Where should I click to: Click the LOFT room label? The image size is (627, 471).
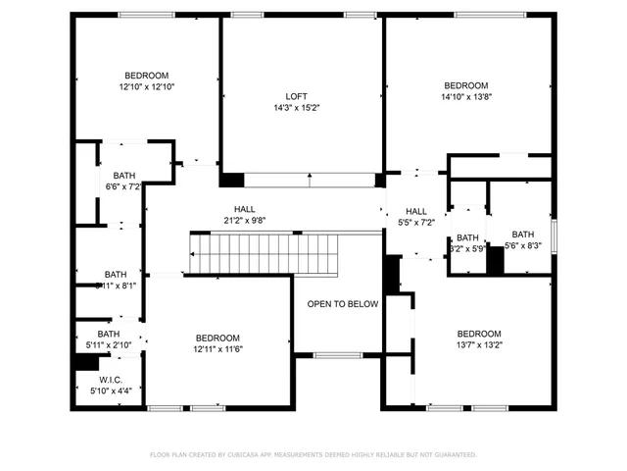[x=296, y=96]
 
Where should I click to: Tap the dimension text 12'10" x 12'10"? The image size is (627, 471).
[x=146, y=86]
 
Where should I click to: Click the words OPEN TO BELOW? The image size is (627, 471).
[x=342, y=304]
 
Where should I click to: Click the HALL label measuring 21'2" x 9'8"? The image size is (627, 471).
[x=244, y=209]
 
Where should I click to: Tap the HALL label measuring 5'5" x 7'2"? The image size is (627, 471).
[x=416, y=211]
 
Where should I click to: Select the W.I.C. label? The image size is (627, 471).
[x=110, y=380]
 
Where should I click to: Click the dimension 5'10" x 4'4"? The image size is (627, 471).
[x=110, y=392]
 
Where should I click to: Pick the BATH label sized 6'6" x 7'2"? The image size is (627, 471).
[x=123, y=175]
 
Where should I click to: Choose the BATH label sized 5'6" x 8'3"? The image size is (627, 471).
[x=522, y=235]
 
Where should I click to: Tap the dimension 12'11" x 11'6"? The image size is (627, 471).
[x=217, y=348]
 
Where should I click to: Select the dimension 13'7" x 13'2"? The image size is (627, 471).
[x=478, y=344]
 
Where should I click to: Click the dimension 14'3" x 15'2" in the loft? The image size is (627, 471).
[x=296, y=108]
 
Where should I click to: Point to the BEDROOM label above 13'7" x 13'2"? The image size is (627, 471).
[x=478, y=334]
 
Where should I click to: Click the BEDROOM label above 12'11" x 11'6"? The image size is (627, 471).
[x=217, y=337]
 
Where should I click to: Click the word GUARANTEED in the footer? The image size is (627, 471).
[x=456, y=455]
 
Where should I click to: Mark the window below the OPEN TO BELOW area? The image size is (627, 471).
[x=337, y=354]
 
